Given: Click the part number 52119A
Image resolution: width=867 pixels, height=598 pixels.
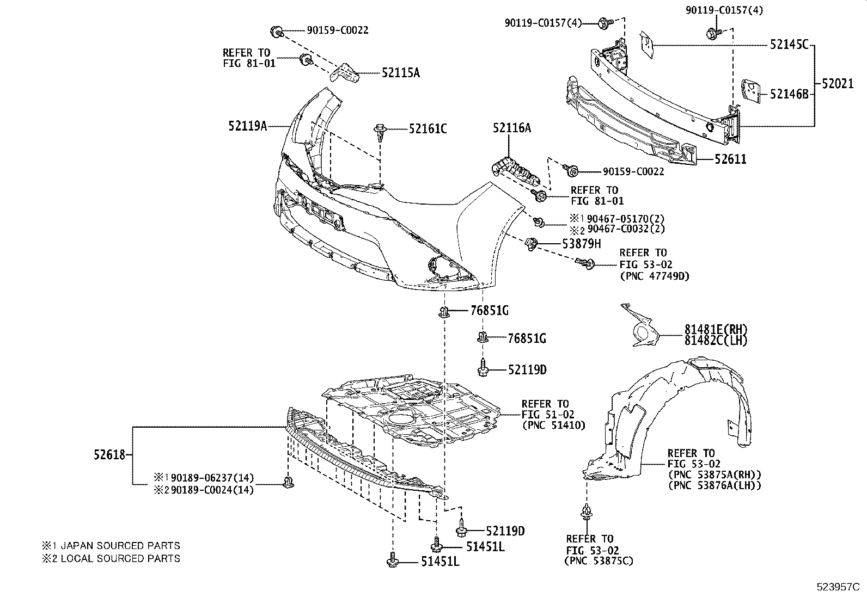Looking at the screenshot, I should [x=247, y=126].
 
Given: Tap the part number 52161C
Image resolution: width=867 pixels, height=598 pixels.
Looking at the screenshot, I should [x=428, y=129].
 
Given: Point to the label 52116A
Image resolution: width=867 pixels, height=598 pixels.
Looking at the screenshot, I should [x=511, y=128].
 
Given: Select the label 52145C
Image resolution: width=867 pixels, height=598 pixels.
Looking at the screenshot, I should [x=789, y=45].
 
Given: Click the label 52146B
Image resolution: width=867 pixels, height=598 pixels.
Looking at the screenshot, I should [x=789, y=94].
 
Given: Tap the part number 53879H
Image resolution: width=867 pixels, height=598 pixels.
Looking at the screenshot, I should [x=582, y=244].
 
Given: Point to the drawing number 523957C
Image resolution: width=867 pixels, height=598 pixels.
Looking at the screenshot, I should [x=837, y=587].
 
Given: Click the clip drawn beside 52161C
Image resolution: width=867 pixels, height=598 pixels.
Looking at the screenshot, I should [x=380, y=132].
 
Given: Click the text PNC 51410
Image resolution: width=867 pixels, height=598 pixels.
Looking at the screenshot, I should [x=553, y=426].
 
